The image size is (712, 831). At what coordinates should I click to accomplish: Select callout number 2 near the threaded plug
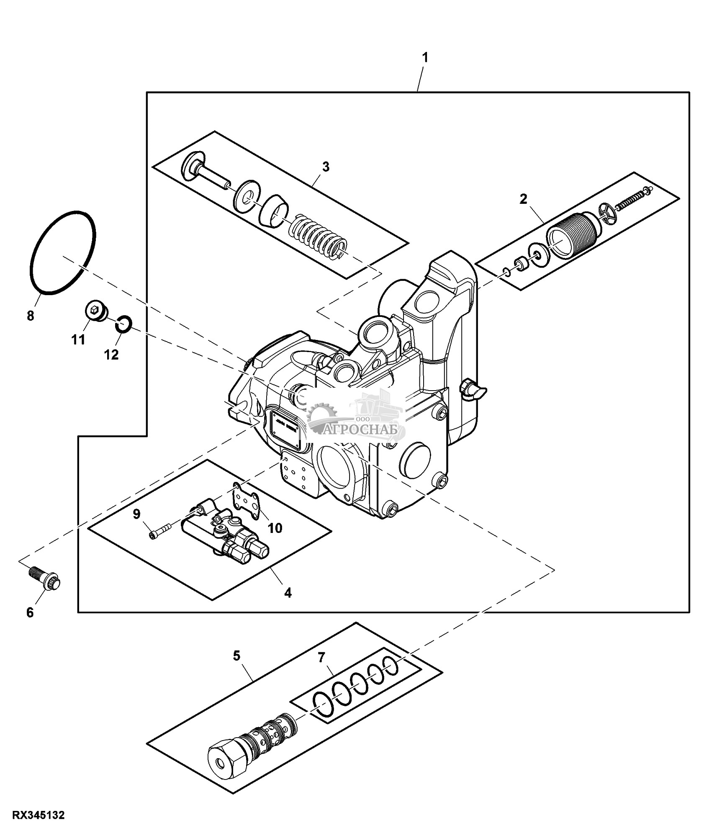click(x=523, y=199)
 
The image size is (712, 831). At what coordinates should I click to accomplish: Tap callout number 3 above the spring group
click(x=326, y=167)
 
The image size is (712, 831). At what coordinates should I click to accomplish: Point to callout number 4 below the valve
click(x=288, y=592)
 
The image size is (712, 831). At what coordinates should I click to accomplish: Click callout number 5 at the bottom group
click(x=237, y=656)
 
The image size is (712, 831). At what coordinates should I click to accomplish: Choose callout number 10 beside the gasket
click(x=275, y=528)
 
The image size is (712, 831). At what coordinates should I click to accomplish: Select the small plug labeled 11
click(x=95, y=311)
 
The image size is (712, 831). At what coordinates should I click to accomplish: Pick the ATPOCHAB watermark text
click(x=359, y=430)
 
